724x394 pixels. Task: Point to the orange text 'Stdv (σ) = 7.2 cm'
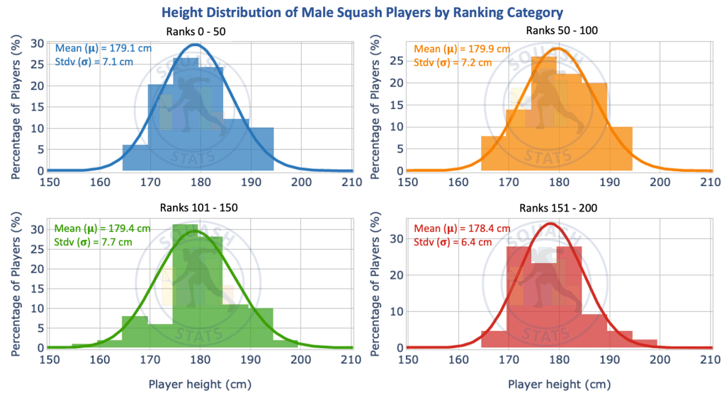click(452, 63)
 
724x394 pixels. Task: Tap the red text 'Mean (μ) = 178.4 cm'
click(462, 228)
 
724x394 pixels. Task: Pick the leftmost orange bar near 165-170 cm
click(493, 153)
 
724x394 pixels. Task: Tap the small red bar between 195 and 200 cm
click(645, 344)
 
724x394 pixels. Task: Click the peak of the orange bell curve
click(557, 49)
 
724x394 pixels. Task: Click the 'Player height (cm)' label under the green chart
click(198, 384)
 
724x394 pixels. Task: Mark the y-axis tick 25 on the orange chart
click(397, 60)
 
